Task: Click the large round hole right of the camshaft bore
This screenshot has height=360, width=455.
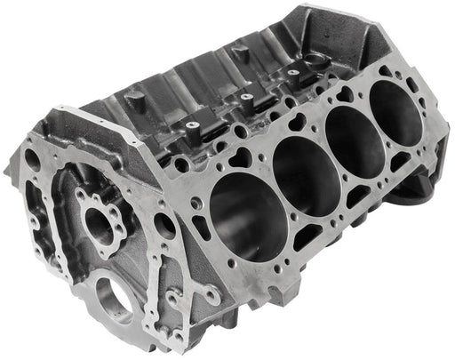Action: point(164,225)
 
